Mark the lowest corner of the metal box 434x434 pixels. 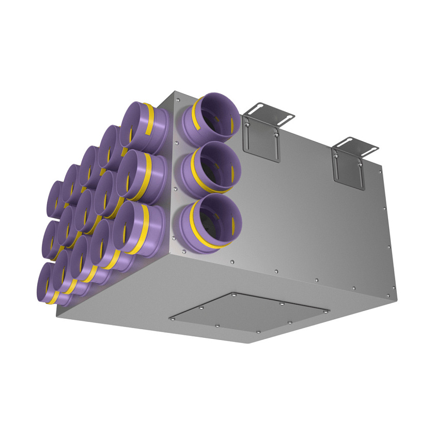(250, 343)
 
